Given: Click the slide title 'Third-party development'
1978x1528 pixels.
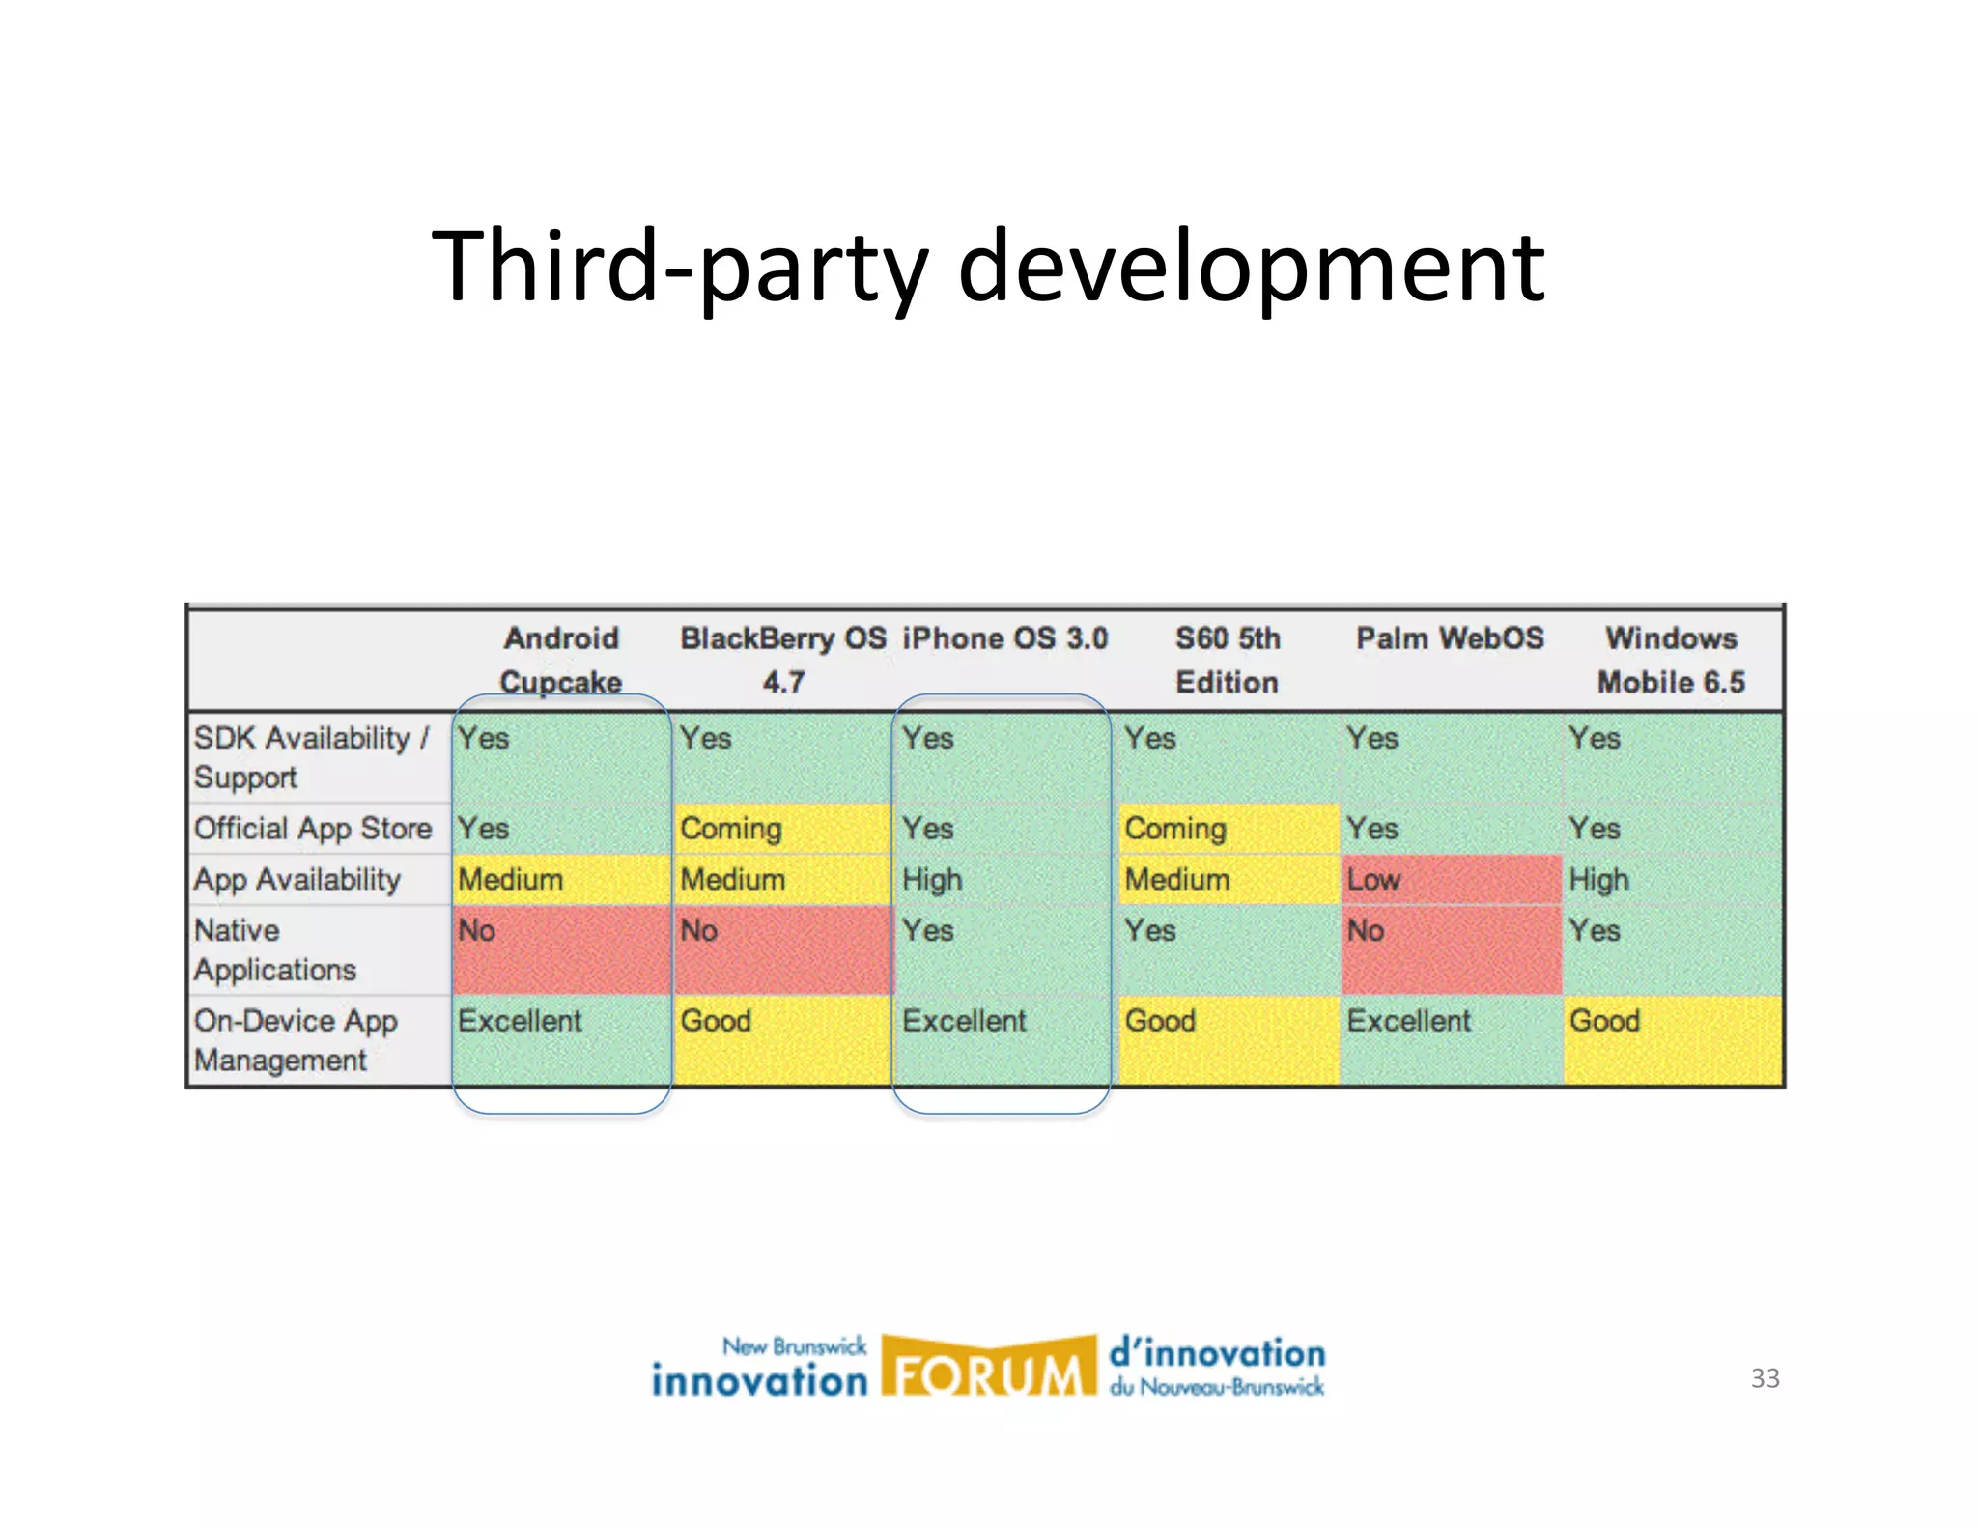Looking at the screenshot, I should [x=987, y=266].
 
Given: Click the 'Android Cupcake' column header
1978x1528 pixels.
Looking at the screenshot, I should [x=561, y=660].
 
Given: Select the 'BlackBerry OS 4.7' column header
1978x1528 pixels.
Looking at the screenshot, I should [x=783, y=660].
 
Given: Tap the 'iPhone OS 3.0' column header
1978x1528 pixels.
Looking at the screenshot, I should [x=1004, y=638].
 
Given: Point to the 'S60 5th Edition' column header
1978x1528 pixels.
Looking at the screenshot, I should [x=1227, y=660].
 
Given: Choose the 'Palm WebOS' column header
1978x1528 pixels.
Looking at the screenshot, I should [x=1450, y=638].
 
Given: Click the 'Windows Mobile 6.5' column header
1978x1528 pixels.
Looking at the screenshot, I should [x=1671, y=660].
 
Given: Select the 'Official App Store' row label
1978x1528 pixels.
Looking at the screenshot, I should [x=313, y=829].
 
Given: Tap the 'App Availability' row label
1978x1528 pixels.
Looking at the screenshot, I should [x=297, y=880].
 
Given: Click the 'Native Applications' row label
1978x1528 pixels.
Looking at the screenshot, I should [x=275, y=949].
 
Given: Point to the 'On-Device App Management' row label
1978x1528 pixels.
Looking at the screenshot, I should [x=296, y=1040].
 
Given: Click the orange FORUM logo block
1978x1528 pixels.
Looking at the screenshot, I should [x=988, y=1367].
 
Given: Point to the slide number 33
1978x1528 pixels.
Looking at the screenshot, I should [x=1765, y=1378].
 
